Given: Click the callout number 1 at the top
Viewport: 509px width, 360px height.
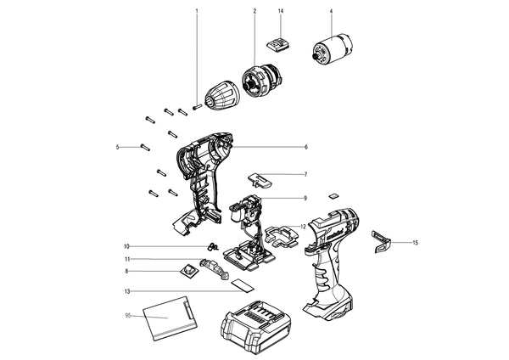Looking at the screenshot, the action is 197,11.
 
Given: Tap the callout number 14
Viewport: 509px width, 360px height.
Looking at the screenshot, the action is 281,11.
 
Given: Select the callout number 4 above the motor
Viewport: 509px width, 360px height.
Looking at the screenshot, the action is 331,11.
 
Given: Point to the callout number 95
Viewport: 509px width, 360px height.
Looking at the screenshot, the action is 128,316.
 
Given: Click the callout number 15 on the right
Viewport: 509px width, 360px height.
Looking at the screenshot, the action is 416,242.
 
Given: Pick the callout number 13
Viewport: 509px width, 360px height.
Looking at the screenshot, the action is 127,291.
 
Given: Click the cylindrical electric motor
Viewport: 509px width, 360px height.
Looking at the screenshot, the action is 334,51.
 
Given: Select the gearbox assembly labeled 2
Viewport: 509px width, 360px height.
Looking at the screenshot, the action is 263,81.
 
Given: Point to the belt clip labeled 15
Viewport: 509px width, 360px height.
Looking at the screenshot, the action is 380,241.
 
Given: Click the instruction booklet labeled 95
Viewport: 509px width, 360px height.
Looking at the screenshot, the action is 169,318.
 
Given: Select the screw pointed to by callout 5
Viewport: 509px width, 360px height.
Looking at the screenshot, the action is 145,147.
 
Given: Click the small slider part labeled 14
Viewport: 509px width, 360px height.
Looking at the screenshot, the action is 278,44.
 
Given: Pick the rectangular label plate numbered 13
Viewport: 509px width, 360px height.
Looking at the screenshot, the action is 243,285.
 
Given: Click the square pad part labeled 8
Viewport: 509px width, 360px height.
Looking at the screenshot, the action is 188,270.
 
